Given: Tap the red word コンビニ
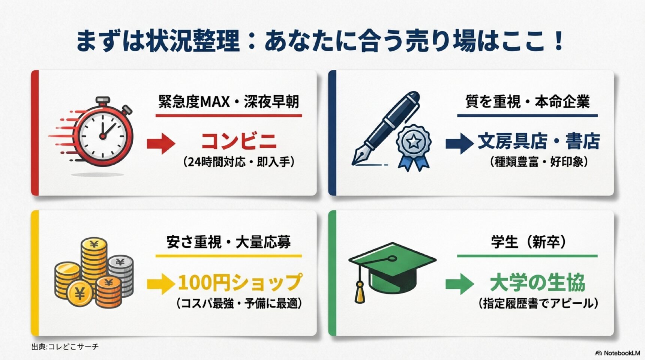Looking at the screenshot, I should [238, 141].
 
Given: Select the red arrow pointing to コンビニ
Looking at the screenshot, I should [161, 143].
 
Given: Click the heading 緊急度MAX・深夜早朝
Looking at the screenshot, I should [228, 102].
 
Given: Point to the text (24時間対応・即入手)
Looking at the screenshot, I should [239, 162].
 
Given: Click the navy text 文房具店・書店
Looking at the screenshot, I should [538, 141].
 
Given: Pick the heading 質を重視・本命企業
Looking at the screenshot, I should [527, 102].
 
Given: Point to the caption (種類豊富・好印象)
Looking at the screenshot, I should [538, 162].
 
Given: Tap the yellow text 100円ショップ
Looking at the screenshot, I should [240, 282].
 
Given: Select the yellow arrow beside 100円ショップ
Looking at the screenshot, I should [161, 284].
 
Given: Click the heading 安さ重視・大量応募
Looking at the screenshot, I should [228, 242].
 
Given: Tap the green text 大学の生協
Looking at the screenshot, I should [537, 283].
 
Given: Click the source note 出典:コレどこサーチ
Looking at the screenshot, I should [65, 347].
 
